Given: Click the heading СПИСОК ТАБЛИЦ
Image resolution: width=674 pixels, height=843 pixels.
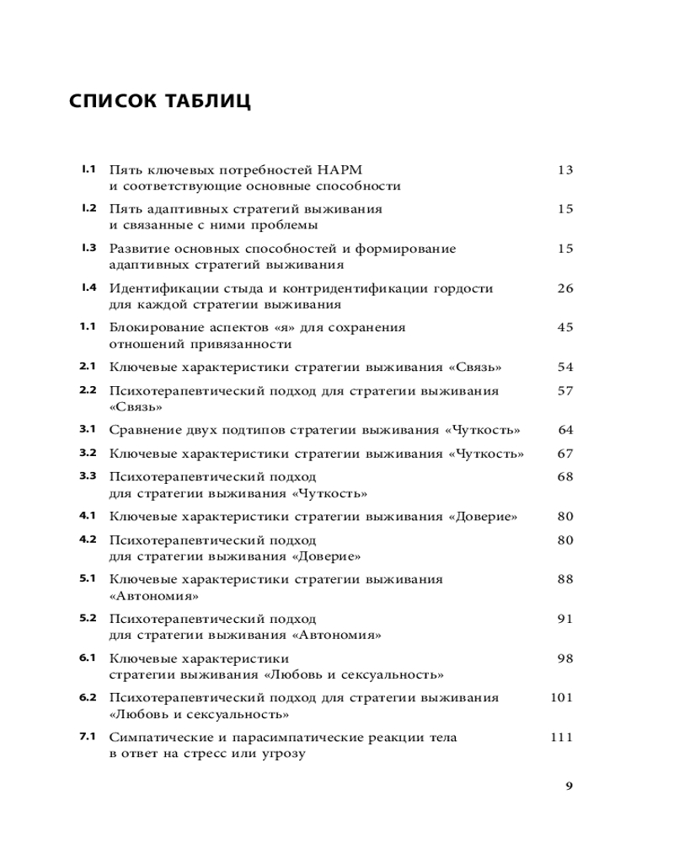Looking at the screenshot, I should (160, 101).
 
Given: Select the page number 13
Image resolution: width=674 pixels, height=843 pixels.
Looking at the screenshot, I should (564, 169).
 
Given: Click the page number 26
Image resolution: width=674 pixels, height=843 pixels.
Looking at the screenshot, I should (564, 288).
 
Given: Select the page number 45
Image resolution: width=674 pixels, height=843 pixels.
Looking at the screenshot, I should (564, 327).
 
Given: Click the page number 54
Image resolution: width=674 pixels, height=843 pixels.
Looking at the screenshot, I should (564, 368).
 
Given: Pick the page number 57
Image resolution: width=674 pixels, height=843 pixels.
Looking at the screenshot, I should (564, 391).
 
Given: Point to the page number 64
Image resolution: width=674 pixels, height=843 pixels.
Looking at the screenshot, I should (564, 430).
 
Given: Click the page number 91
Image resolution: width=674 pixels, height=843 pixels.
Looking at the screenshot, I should (564, 619).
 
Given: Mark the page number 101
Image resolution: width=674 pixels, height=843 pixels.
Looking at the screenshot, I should (561, 698).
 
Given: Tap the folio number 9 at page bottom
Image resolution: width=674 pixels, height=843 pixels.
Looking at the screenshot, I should (570, 787).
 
